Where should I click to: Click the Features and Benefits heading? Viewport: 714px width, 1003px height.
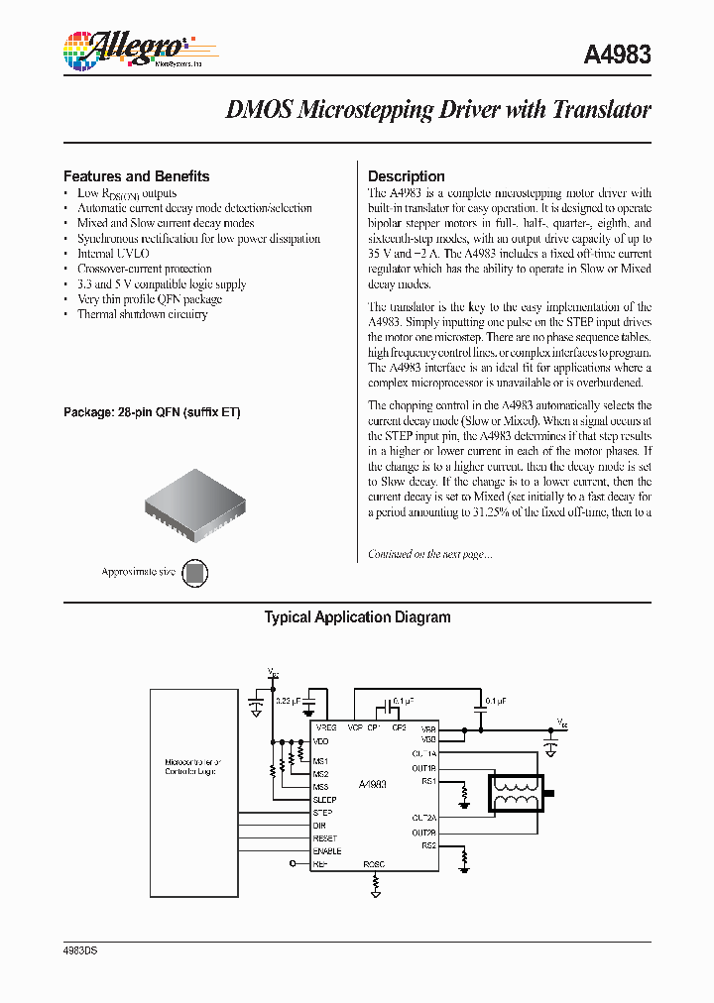coord(136,176)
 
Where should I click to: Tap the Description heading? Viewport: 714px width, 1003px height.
coord(406,176)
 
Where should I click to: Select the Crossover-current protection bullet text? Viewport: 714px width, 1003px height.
coord(144,269)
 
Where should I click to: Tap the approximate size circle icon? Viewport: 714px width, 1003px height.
coord(196,572)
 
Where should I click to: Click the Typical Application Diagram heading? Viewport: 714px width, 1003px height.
coord(357,617)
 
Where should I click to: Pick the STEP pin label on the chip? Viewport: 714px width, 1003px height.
coord(322,813)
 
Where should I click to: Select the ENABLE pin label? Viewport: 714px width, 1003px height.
coord(326,850)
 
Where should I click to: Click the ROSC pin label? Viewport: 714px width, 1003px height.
coord(374,863)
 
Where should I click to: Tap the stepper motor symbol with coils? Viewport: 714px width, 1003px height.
coord(513,793)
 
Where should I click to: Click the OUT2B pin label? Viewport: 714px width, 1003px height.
coord(423,833)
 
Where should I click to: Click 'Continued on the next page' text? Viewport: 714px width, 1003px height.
coord(429,554)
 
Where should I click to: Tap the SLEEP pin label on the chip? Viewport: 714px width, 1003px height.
coord(324,800)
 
